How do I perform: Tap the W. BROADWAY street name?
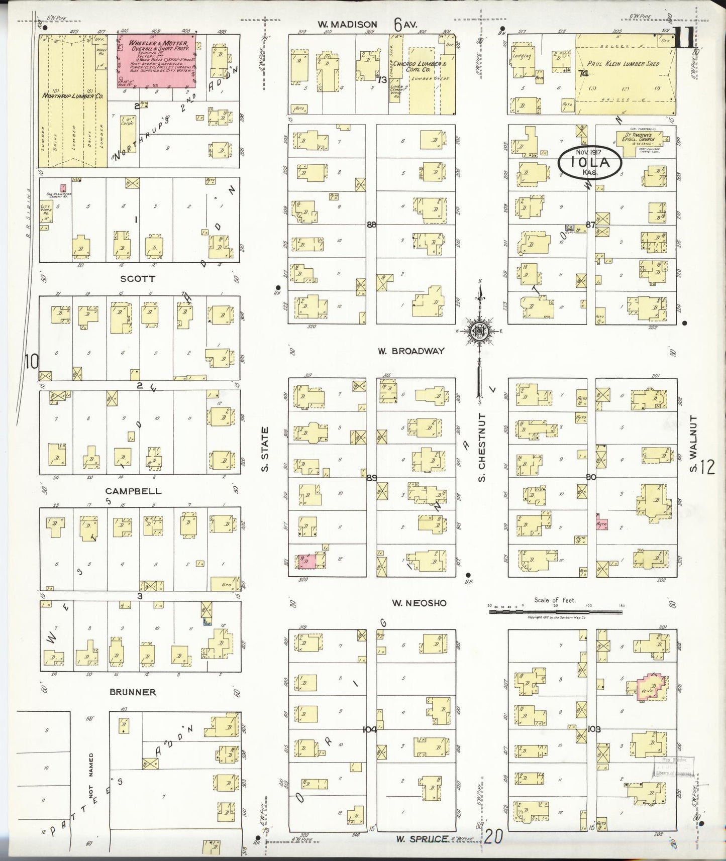pos(411,351)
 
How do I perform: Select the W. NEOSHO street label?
pos(419,603)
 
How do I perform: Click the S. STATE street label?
pos(265,449)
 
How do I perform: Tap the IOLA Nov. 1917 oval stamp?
pos(590,162)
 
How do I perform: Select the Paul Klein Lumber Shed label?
pos(623,64)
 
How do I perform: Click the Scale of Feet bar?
pos(555,611)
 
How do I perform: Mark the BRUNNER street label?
pos(133,692)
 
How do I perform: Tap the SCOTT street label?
pos(137,278)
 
